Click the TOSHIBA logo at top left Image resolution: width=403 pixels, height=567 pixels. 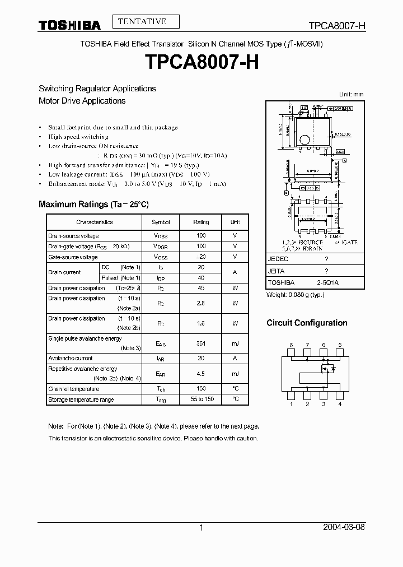[69, 25]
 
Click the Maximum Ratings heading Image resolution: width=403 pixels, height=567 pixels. [93, 205]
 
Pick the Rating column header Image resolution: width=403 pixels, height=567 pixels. [201, 222]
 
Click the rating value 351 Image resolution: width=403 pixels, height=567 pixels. [201, 343]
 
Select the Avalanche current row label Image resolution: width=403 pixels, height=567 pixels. [71, 358]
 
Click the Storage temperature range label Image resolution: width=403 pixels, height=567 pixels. [81, 399]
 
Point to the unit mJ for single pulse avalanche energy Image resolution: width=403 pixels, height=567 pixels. [235, 343]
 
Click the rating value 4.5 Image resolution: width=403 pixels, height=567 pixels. [201, 374]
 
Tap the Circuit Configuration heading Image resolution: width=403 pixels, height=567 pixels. [307, 323]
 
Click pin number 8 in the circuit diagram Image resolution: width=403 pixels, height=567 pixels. [291, 345]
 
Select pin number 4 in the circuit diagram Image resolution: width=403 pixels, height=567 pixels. [340, 403]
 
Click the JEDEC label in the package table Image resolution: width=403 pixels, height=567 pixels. [278, 259]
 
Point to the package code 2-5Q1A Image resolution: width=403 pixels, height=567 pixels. [327, 283]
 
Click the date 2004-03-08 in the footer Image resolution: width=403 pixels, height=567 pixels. [344, 527]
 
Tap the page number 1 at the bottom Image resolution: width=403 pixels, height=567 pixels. [201, 527]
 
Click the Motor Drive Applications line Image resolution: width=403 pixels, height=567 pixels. [82, 101]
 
